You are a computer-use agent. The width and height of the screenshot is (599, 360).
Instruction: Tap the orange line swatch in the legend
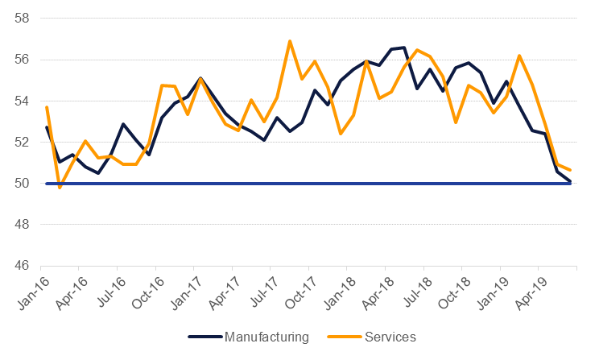pyautogui.click(x=342, y=337)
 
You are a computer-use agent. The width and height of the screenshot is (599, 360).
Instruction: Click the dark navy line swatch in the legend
pyautogui.click(x=206, y=337)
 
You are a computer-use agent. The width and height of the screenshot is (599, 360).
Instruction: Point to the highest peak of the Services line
pyautogui.click(x=290, y=41)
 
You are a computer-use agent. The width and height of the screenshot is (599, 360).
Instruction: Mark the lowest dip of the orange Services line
pyautogui.click(x=60, y=188)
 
